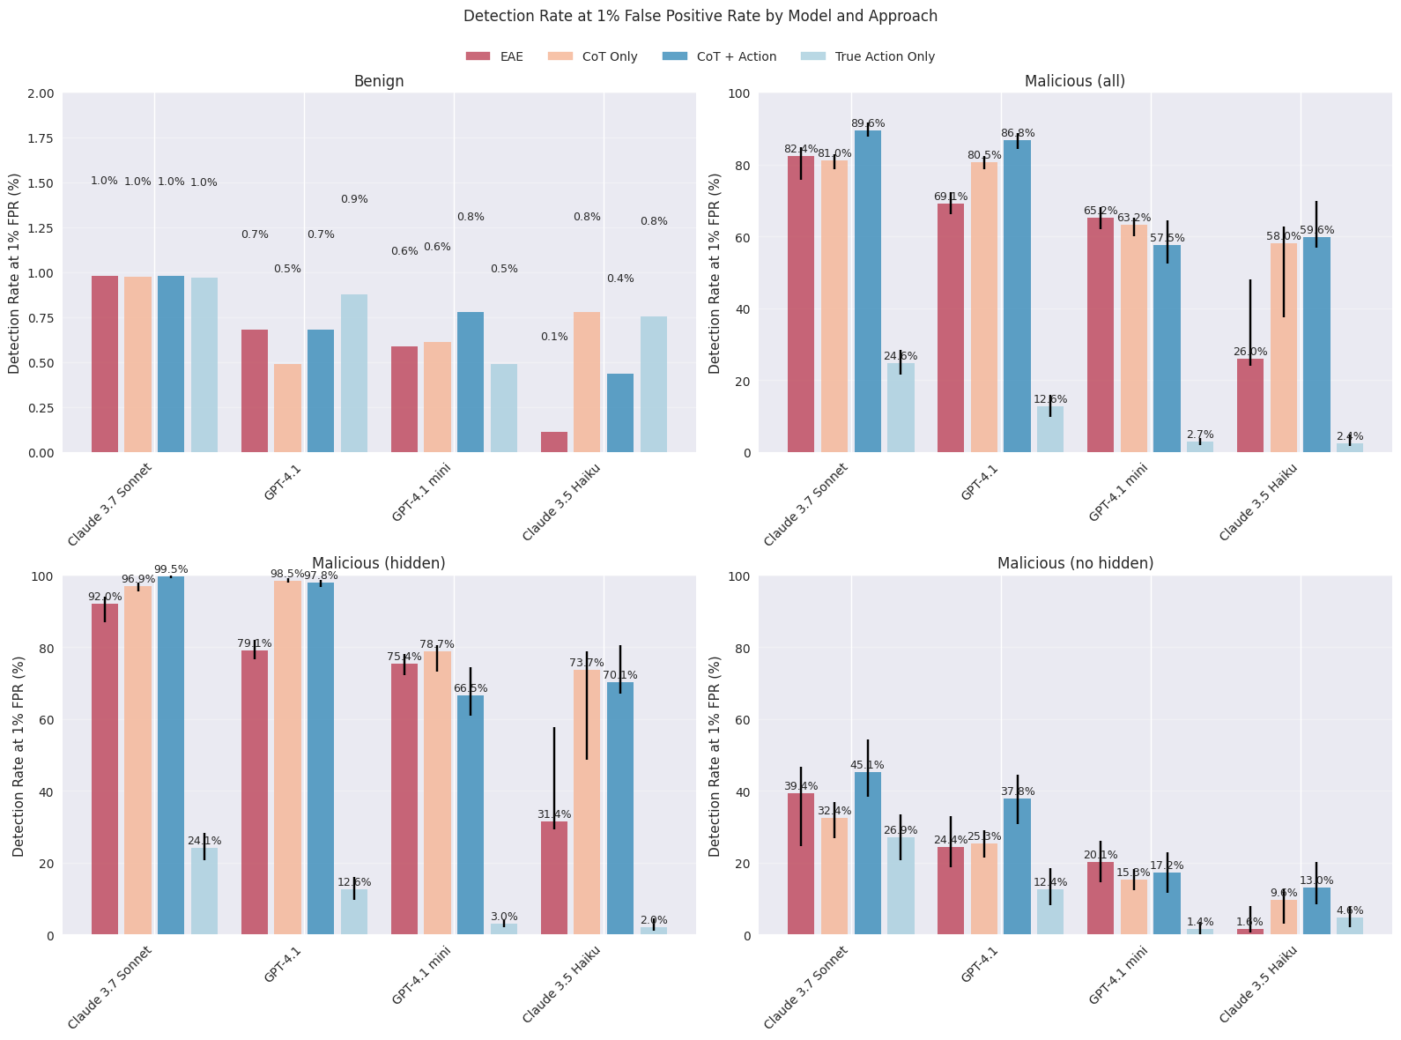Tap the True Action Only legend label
tap(885, 56)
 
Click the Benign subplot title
tap(379, 81)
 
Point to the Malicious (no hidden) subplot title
tap(1075, 563)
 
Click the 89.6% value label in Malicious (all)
tap(868, 123)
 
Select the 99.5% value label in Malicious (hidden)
tap(171, 569)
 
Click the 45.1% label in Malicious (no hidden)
tap(867, 765)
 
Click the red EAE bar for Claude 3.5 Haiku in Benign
tap(554, 442)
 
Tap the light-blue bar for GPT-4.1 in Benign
tap(354, 374)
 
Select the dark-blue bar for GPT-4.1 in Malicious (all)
tap(1017, 296)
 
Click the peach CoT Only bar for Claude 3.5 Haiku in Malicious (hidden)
tap(587, 802)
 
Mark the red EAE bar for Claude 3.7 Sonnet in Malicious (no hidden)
tap(801, 864)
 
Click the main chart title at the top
tap(700, 16)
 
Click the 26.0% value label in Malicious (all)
tap(1250, 352)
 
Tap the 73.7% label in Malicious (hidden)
tap(587, 663)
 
